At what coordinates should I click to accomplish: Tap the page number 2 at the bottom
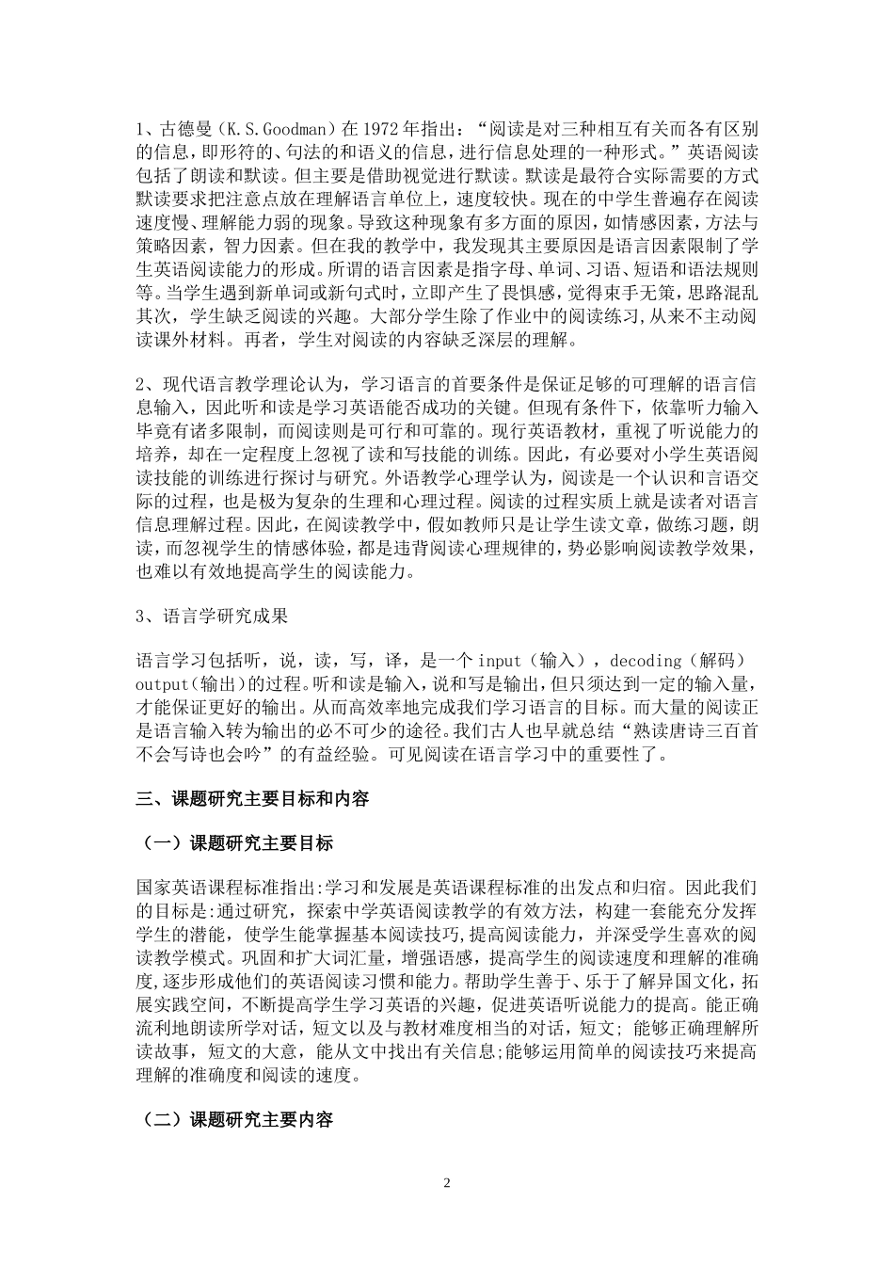[447, 1182]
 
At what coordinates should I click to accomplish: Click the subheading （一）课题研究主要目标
[235, 842]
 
